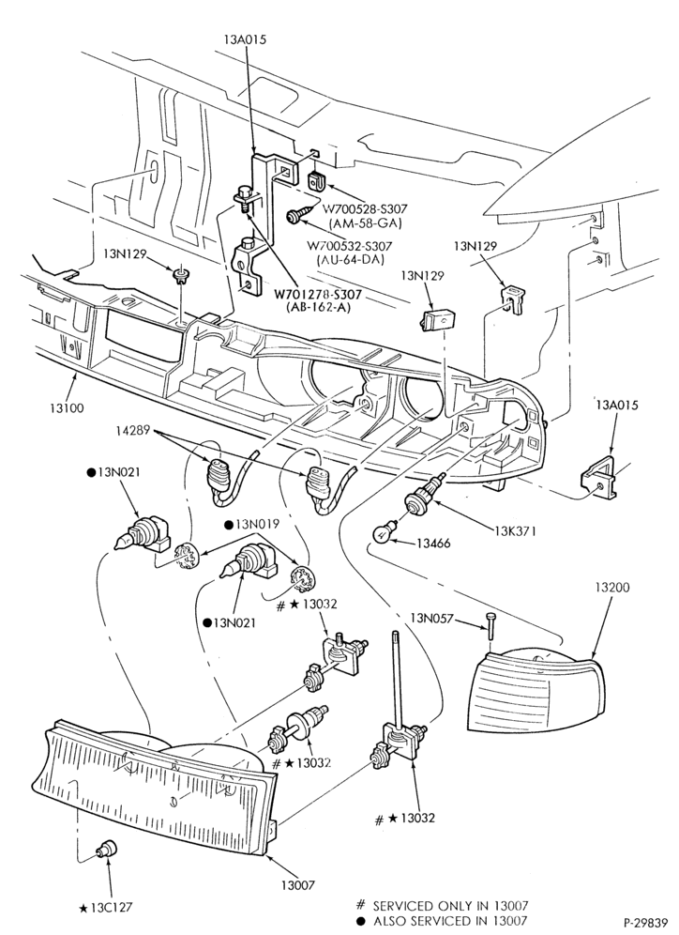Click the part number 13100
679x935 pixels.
[66, 408]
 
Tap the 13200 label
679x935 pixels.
[611, 588]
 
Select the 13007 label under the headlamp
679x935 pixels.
[298, 885]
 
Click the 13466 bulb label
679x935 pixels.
[433, 544]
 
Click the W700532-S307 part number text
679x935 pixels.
[350, 246]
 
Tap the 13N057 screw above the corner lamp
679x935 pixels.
[490, 625]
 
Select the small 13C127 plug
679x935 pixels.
[108, 848]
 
